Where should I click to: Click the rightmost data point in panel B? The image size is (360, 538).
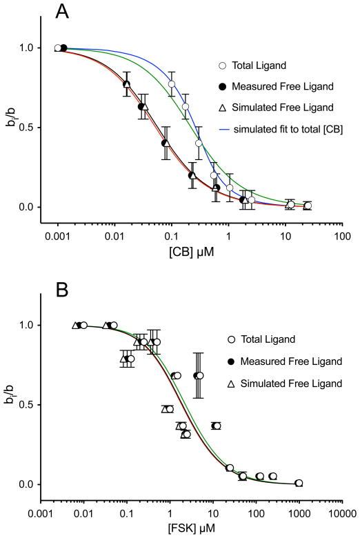299,483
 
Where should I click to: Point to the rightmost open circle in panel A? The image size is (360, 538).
308,206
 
